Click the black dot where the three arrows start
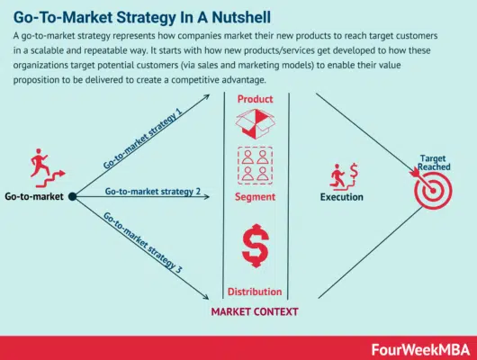[x=72, y=195]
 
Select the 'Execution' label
[x=342, y=196]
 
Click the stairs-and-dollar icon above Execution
[x=342, y=172]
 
